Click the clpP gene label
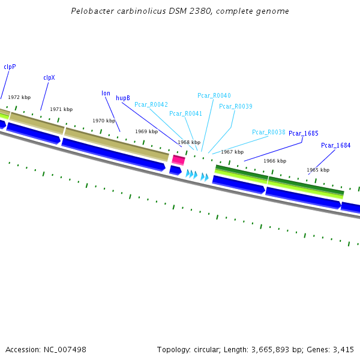10,67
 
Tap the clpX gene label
49,77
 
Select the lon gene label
106,93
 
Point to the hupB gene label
123,98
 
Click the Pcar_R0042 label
151,104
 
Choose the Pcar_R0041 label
186,113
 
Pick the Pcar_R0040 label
214,95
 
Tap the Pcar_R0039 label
236,106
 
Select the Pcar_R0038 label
269,132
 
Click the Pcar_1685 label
304,133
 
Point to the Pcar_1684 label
336,145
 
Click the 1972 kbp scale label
19,97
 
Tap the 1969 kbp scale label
146,131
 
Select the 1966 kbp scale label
275,161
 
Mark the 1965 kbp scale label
318,170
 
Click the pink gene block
178,160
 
